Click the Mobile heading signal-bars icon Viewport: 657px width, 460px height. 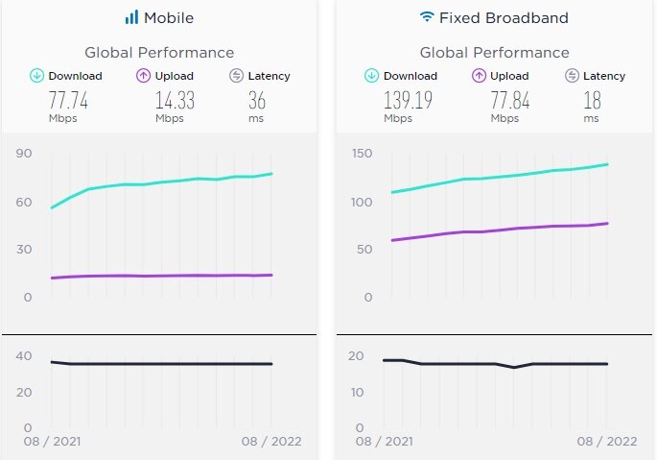pos(131,17)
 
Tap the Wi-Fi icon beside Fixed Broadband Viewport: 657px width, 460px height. pos(426,17)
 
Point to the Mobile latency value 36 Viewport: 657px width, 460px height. pos(257,101)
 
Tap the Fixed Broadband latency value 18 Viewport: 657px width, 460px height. pos(592,101)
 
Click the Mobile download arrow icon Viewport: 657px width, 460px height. pos(37,76)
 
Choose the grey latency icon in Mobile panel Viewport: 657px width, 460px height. pos(236,76)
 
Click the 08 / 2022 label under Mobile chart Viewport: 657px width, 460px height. pos(270,441)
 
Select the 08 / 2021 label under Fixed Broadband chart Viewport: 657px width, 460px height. pos(383,441)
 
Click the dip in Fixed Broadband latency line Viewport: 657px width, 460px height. pos(514,367)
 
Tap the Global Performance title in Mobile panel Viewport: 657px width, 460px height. pos(159,52)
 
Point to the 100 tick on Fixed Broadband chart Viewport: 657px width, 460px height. pos(361,203)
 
